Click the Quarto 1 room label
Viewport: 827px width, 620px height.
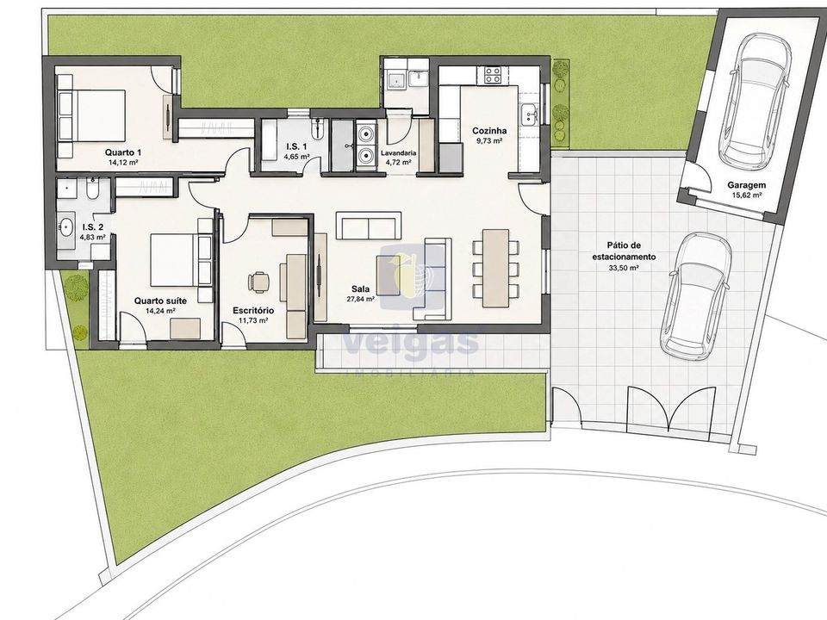pyautogui.click(x=123, y=153)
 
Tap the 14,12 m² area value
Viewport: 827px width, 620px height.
pyautogui.click(x=123, y=163)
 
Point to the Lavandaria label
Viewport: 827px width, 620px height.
pyautogui.click(x=398, y=153)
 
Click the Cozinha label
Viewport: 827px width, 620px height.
pyautogui.click(x=489, y=131)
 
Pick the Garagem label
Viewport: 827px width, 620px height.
pyautogui.click(x=746, y=185)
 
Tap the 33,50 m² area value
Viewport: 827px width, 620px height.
pyautogui.click(x=624, y=268)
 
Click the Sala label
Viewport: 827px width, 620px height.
pyautogui.click(x=360, y=289)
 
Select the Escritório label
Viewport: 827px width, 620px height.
pyautogui.click(x=253, y=311)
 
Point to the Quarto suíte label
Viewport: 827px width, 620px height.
pyautogui.click(x=160, y=301)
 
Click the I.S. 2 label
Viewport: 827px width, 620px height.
pyautogui.click(x=93, y=227)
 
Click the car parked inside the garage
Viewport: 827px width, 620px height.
pyautogui.click(x=755, y=98)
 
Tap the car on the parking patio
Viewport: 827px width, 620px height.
pyautogui.click(x=696, y=297)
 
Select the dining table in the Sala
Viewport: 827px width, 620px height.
pyautogui.click(x=496, y=268)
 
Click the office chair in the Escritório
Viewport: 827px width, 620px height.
pyautogui.click(x=258, y=281)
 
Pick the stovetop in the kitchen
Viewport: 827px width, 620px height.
pyautogui.click(x=493, y=75)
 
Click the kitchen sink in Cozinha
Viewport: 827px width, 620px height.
pyautogui.click(x=528, y=115)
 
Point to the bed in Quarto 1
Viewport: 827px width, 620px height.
pyautogui.click(x=92, y=115)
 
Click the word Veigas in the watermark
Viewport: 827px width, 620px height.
pyautogui.click(x=411, y=343)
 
